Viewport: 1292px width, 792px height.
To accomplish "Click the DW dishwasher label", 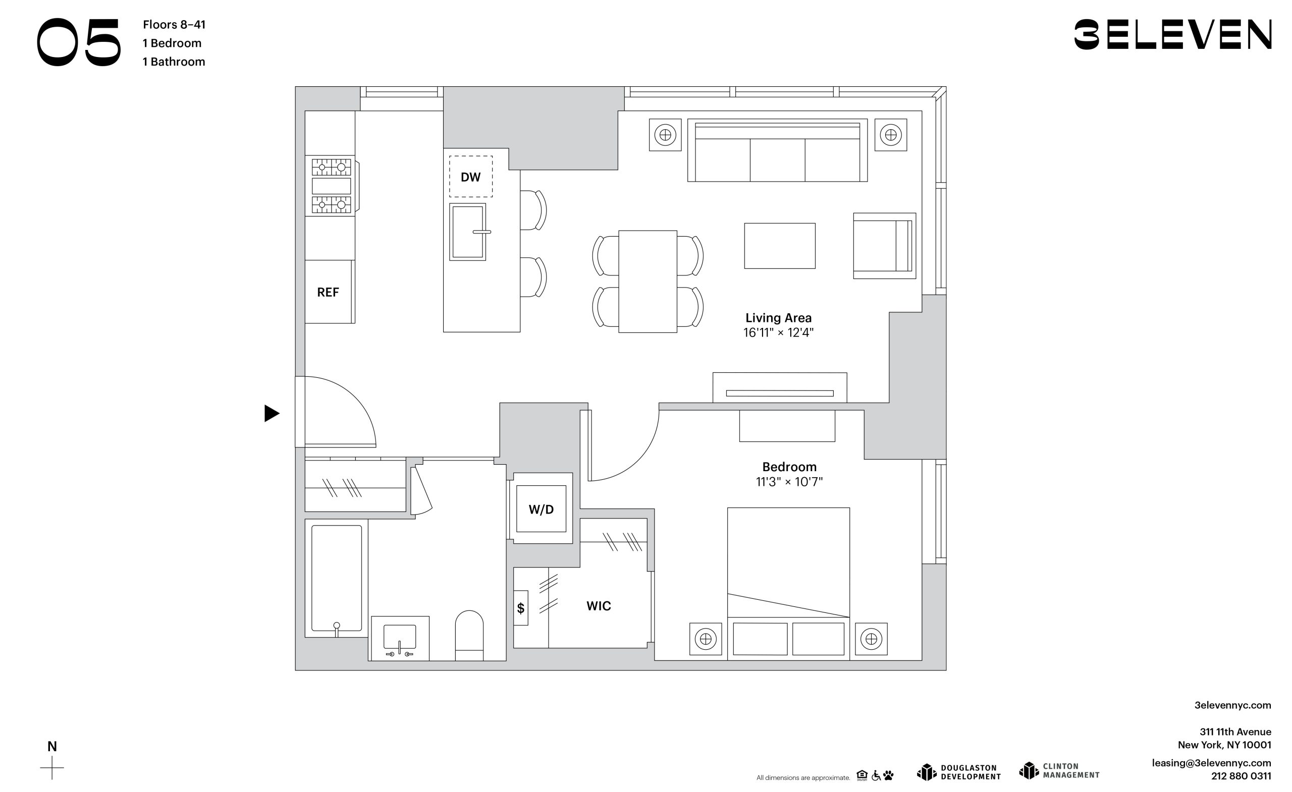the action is click(x=470, y=177).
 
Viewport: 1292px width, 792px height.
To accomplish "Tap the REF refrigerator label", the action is click(x=328, y=293).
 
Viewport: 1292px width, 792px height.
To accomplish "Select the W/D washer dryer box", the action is click(x=541, y=509).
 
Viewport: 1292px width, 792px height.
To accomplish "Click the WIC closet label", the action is click(x=599, y=606).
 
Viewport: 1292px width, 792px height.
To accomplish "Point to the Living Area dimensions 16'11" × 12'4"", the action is click(x=778, y=332).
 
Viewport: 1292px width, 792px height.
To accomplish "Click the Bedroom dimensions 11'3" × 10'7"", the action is click(x=789, y=482).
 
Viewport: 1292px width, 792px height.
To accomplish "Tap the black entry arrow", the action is click(x=272, y=414).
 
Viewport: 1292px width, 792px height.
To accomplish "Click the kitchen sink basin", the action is click(x=467, y=232).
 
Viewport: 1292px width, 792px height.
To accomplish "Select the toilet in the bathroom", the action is click(x=469, y=635).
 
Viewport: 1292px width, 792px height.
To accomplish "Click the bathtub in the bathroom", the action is click(x=337, y=578).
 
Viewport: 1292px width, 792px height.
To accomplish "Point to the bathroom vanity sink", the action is click(x=400, y=638).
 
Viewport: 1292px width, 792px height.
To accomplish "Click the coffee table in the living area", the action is click(x=780, y=246).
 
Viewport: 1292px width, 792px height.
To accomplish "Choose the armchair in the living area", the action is click(x=885, y=246).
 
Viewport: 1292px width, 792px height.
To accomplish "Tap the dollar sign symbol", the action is click(x=521, y=608).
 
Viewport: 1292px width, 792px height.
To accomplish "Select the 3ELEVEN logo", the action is click(x=1172, y=35).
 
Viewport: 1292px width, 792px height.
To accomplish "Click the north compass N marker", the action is click(x=52, y=747).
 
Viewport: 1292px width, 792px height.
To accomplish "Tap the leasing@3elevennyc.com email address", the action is click(x=1211, y=763).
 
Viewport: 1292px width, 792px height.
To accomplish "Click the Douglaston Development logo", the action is click(x=959, y=772).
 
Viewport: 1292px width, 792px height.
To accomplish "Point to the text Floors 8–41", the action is click(x=174, y=25).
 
